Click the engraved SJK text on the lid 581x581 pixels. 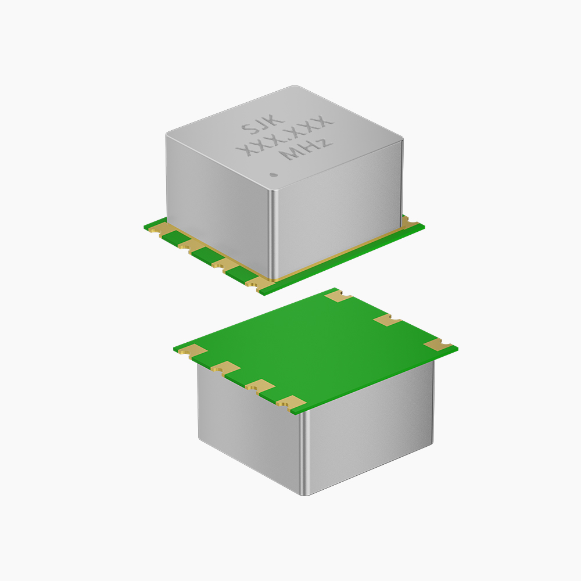263,124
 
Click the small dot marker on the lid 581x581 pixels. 274,174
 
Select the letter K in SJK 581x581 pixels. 277,119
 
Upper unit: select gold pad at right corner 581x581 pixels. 410,223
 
